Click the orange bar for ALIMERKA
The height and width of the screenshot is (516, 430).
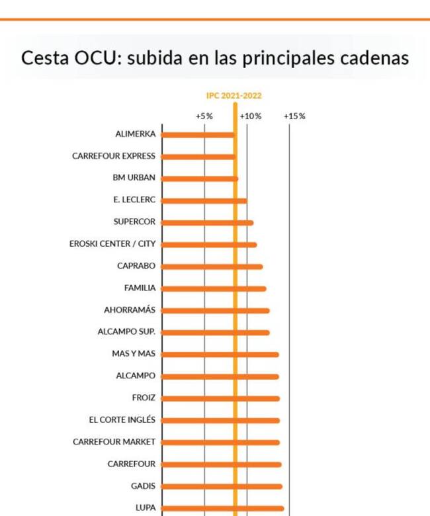click(x=198, y=135)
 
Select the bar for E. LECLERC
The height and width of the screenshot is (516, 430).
click(x=204, y=200)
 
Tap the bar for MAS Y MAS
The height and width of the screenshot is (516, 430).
click(x=220, y=355)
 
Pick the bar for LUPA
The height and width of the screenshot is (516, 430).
click(x=222, y=508)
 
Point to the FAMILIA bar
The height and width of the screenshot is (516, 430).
click(x=213, y=288)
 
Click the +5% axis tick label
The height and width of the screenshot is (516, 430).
click(x=204, y=116)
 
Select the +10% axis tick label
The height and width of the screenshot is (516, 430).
click(x=250, y=116)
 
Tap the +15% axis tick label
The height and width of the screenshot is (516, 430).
click(x=294, y=116)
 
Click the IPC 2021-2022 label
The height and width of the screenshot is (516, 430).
click(x=234, y=96)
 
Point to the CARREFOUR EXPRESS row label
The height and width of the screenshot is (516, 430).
click(x=114, y=156)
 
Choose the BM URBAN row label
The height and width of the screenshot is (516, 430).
click(x=134, y=178)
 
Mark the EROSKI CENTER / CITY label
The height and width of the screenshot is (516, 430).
click(x=112, y=244)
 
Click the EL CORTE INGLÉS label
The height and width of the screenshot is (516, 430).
click(x=122, y=419)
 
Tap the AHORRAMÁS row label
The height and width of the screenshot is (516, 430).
click(x=130, y=310)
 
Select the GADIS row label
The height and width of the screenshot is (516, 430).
click(x=143, y=486)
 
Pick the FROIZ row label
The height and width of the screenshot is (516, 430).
click(x=144, y=398)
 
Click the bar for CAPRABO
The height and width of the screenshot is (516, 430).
click(x=212, y=267)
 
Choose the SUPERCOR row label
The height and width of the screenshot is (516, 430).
click(x=134, y=222)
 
